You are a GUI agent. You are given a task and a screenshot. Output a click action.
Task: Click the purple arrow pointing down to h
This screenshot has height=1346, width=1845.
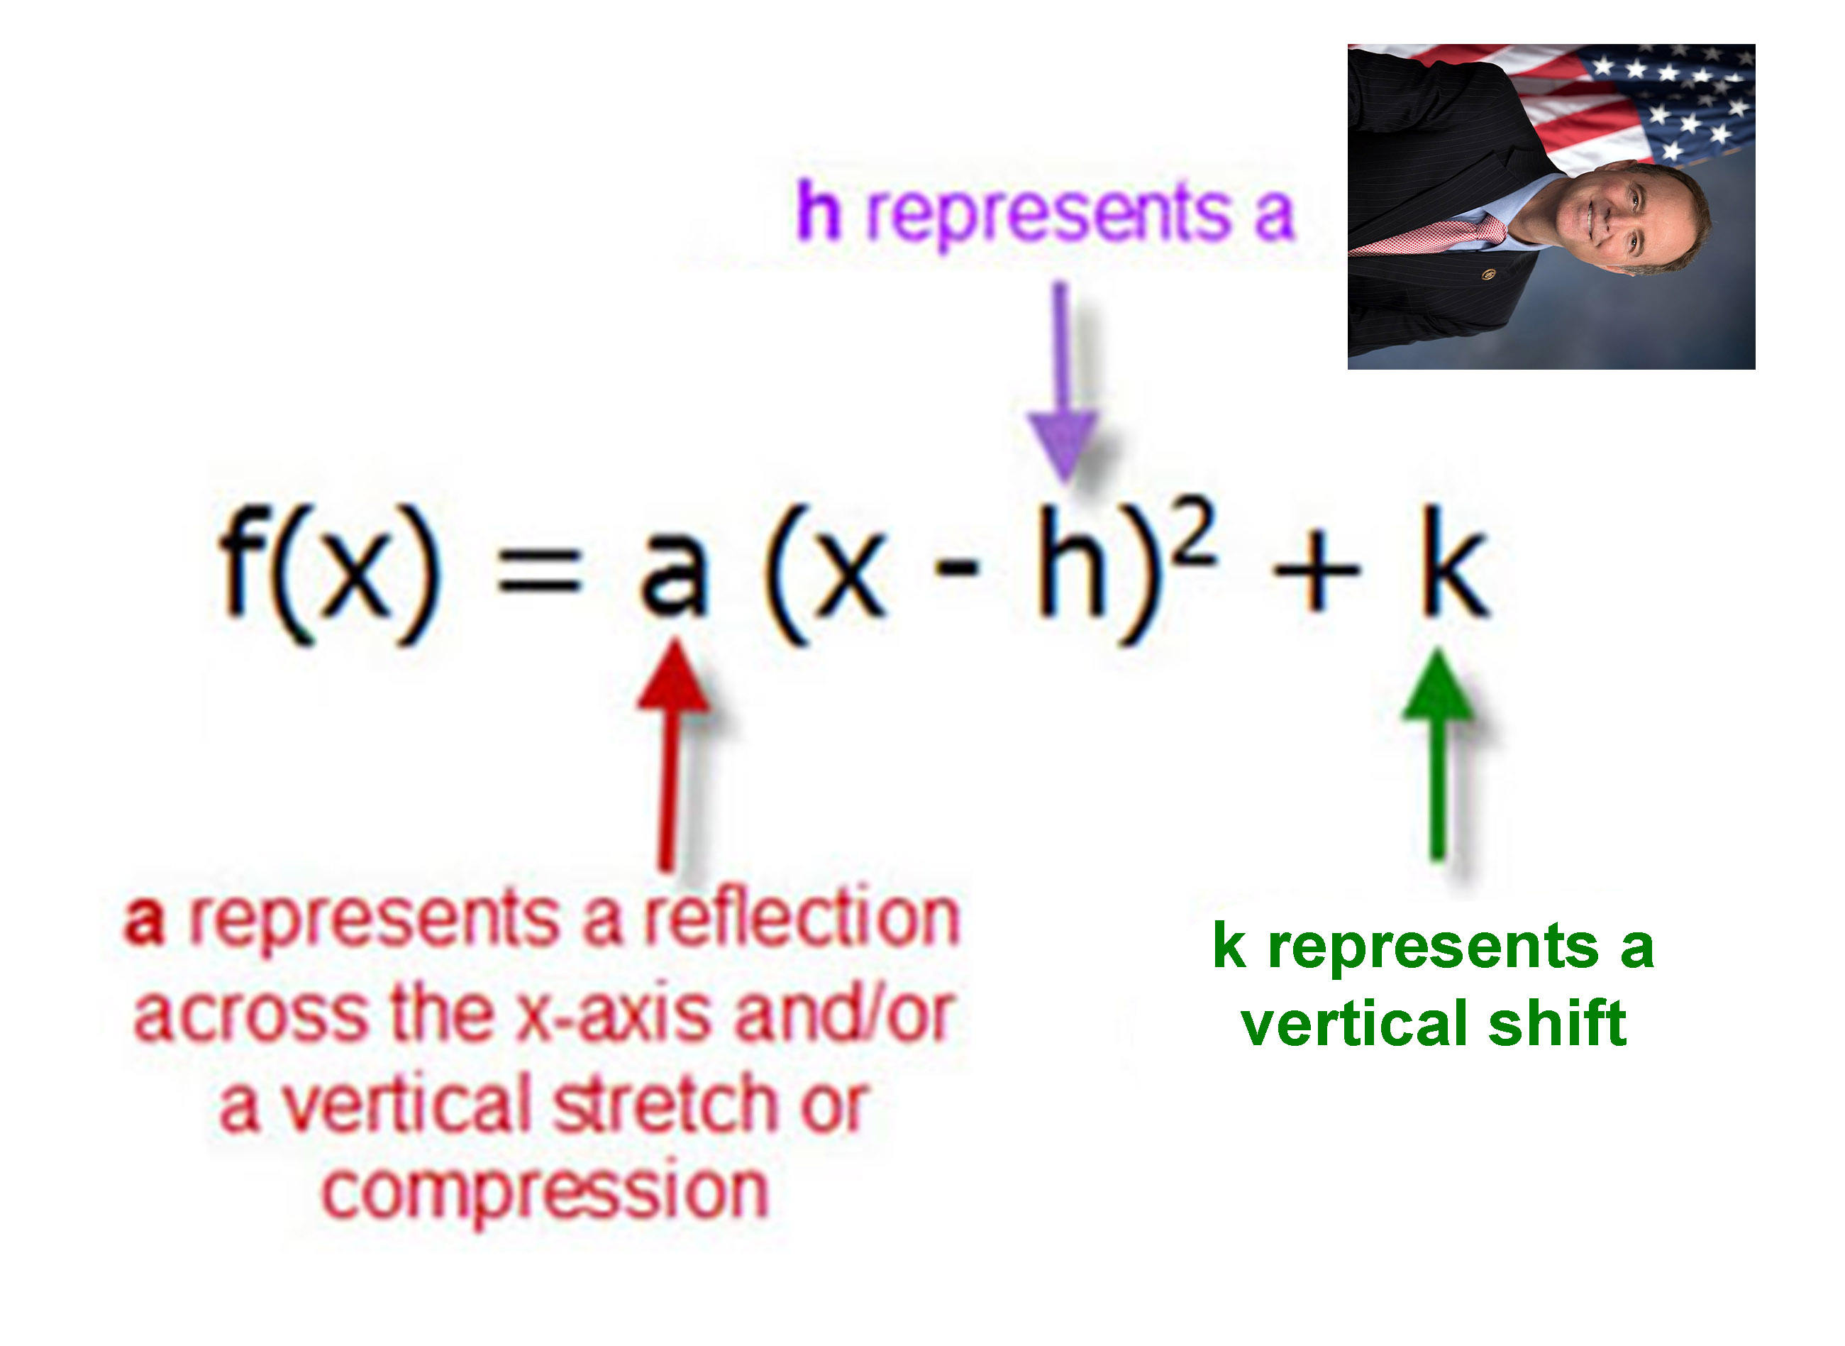(1062, 382)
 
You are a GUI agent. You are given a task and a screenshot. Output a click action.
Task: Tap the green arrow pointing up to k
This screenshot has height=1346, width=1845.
(1438, 754)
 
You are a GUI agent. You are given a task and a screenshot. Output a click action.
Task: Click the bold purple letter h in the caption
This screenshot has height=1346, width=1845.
(818, 210)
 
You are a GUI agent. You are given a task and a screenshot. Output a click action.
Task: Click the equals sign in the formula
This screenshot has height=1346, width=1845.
(540, 569)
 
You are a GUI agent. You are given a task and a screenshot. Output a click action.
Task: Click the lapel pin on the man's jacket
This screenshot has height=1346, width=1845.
(1489, 275)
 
